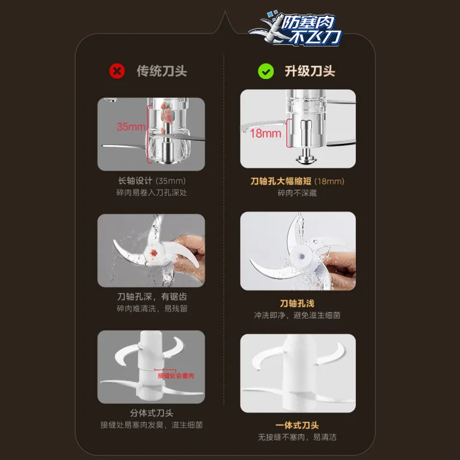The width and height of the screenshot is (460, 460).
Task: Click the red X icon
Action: pyautogui.click(x=117, y=71)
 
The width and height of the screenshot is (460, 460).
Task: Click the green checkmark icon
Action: pyautogui.click(x=266, y=71)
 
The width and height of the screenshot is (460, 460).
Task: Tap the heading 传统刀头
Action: pyautogui.click(x=162, y=71)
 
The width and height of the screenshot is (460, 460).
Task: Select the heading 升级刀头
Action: pyautogui.click(x=310, y=71)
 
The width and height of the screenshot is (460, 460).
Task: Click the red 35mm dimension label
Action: pyautogui.click(x=131, y=127)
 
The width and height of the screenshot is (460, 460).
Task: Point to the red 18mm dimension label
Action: pyautogui.click(x=265, y=134)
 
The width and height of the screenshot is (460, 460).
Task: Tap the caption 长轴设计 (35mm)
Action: pyautogui.click(x=152, y=181)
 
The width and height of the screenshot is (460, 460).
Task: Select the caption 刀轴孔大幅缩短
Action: pyautogui.click(x=281, y=181)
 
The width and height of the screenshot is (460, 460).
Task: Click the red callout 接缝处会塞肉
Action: pyautogui.click(x=175, y=376)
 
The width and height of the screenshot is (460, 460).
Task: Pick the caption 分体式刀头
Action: pyautogui.click(x=152, y=413)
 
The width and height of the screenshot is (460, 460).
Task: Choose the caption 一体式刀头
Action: pyautogui.click(x=297, y=425)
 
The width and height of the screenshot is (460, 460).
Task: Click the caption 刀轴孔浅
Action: pyautogui.click(x=297, y=303)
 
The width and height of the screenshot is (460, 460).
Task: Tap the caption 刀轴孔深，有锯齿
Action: pyautogui.click(x=152, y=296)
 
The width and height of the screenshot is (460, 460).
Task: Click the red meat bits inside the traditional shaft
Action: pyautogui.click(x=167, y=114)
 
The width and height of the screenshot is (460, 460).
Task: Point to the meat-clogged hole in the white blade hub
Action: pyautogui.click(x=153, y=253)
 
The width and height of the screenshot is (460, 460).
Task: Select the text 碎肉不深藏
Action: pyautogui.click(x=297, y=193)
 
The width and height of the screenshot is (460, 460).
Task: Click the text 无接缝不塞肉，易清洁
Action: pyautogui.click(x=297, y=437)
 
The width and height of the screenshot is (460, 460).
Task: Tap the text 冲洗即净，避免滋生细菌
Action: pyautogui.click(x=297, y=315)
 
